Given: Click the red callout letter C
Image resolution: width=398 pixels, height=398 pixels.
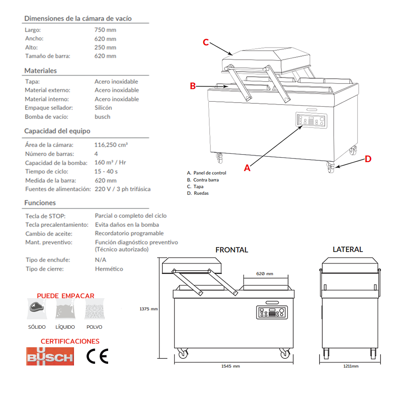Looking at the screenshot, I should click(206, 42).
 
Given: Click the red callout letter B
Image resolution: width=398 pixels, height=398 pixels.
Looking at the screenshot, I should click(193, 86).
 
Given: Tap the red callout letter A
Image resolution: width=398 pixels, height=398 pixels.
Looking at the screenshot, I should click(247, 168).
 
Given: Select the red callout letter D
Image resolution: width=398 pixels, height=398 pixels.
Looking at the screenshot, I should click(368, 159).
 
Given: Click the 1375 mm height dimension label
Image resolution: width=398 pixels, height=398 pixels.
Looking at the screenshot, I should click(148, 309).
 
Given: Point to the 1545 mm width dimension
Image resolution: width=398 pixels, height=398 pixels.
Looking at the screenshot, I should click(231, 366).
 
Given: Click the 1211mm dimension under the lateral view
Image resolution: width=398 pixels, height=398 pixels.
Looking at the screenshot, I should click(351, 366).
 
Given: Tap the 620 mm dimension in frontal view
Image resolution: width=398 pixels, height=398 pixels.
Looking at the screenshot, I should click(265, 274).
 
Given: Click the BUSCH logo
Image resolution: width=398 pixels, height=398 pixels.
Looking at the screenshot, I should click(50, 357).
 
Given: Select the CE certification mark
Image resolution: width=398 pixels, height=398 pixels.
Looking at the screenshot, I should click(98, 357).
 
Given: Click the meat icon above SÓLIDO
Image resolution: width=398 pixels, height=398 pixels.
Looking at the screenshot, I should click(36, 307).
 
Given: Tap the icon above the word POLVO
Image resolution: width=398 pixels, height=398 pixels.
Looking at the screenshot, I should click(95, 309).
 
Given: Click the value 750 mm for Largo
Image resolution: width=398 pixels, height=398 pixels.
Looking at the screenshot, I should click(105, 30).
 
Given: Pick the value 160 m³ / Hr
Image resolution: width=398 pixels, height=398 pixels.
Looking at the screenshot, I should click(110, 163).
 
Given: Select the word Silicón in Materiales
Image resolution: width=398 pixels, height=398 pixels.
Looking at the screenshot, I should click(103, 108).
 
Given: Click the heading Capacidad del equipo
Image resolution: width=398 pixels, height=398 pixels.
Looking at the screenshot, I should click(57, 131).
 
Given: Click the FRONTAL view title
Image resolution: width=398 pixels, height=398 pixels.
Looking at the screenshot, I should click(232, 250).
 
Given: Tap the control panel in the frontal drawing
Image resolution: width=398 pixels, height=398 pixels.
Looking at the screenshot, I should click(272, 312).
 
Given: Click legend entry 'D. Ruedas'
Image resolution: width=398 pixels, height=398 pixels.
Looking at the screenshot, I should click(198, 193).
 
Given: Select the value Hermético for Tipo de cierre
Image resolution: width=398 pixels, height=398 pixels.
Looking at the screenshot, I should click(109, 269).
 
